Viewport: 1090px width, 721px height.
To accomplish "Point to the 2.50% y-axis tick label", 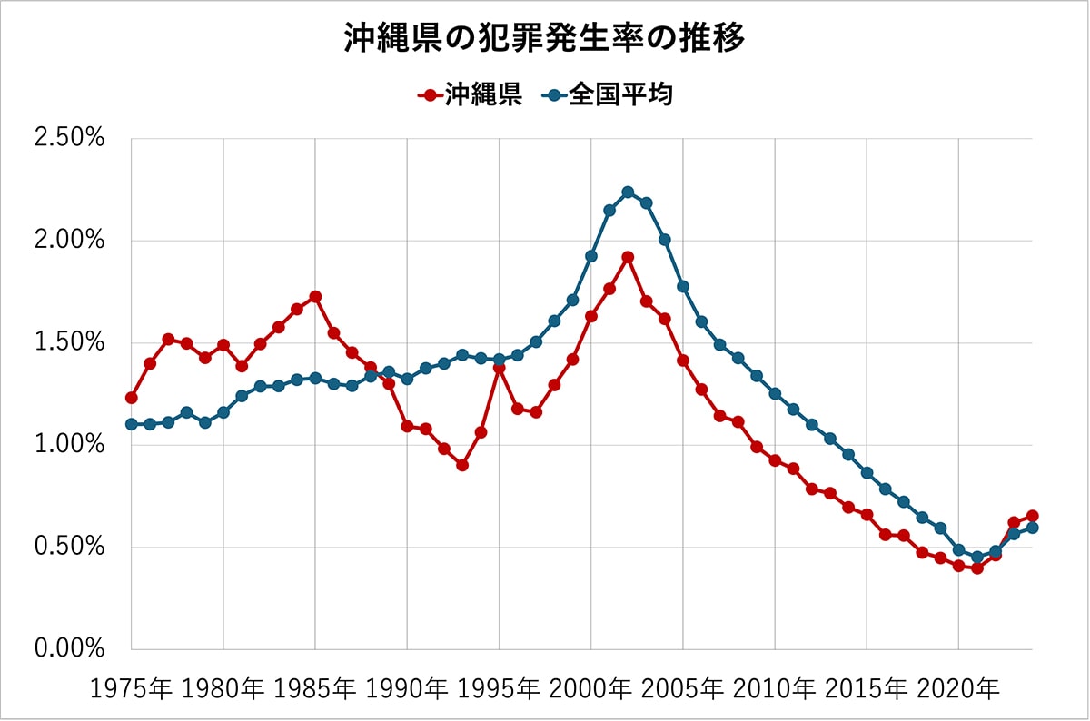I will pyautogui.click(x=69, y=139).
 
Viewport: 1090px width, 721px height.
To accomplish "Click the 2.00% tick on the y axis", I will pyautogui.click(x=69, y=241).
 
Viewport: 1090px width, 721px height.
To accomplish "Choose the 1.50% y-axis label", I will pyautogui.click(x=69, y=343).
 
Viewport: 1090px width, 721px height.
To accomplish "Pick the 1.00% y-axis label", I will pyautogui.click(x=69, y=445).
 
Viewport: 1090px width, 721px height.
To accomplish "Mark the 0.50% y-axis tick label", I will pyautogui.click(x=69, y=548).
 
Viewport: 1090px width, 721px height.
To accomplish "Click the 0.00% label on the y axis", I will pyautogui.click(x=69, y=649).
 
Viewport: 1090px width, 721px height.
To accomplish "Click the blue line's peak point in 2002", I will pyautogui.click(x=628, y=193).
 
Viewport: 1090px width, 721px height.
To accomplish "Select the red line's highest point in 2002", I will pyautogui.click(x=628, y=257).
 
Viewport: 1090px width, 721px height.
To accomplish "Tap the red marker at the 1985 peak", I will pyautogui.click(x=315, y=297).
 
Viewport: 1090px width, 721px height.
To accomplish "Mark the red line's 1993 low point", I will pyautogui.click(x=462, y=465).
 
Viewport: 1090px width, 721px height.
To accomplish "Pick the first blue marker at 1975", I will pyautogui.click(x=132, y=424).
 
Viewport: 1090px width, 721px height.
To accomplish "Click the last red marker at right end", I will pyautogui.click(x=1032, y=516).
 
